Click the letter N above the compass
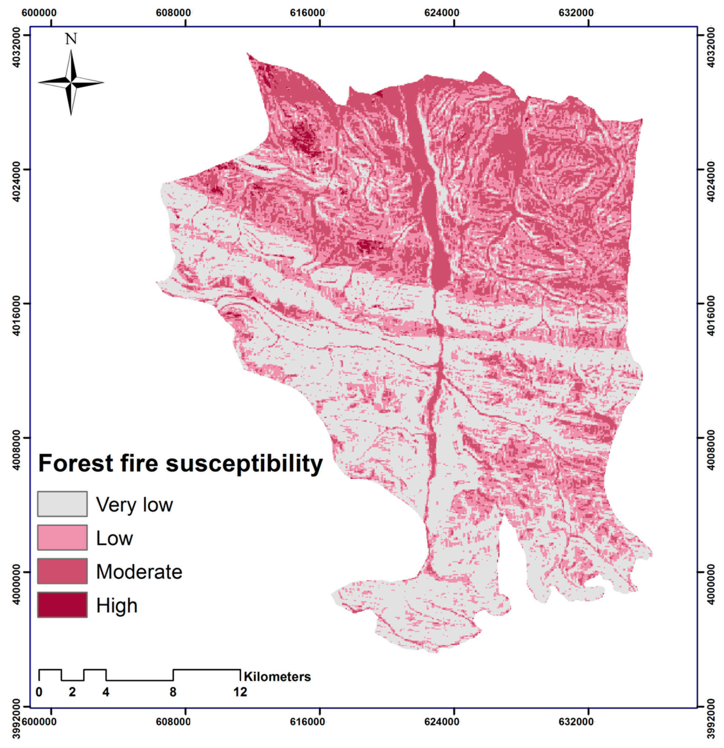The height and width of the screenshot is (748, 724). (71, 39)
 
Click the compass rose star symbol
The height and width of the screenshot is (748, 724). (71, 82)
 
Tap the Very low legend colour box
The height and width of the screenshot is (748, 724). (62, 504)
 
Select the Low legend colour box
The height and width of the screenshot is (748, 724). (62, 538)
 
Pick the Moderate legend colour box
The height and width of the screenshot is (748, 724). (62, 571)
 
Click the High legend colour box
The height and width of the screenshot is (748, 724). (62, 605)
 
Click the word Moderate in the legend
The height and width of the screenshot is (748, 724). (139, 572)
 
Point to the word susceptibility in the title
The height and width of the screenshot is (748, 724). (244, 464)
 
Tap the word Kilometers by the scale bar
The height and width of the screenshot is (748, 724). (277, 677)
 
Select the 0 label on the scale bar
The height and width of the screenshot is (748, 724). (39, 692)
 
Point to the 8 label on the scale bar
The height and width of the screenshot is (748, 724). (173, 692)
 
